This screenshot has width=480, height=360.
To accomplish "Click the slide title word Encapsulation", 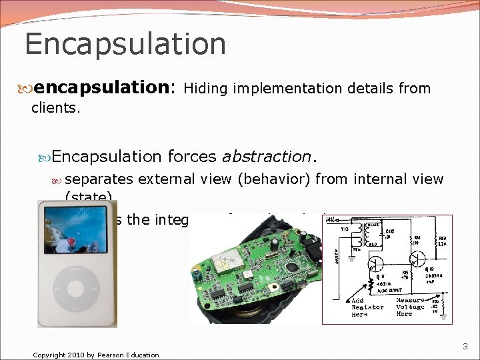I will tap(125, 44).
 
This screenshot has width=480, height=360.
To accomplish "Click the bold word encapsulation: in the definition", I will tap(105, 87).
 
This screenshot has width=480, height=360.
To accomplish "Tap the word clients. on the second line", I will tap(56, 107).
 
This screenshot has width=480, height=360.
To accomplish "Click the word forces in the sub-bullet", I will tap(192, 157).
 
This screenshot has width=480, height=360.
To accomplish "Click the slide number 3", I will tap(465, 346).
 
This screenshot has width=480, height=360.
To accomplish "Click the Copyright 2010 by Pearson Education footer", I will tap(96, 355).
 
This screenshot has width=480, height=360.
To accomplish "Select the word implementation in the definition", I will tap(280, 88).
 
